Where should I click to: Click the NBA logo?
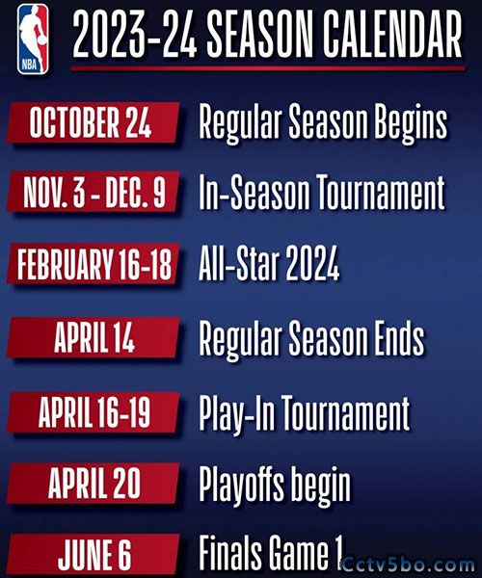click(33, 39)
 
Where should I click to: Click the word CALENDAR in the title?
click(393, 34)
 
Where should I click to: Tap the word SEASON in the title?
click(260, 34)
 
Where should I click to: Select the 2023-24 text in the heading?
click(134, 34)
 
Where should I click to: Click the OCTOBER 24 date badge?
click(94, 122)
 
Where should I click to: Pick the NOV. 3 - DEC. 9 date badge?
click(94, 192)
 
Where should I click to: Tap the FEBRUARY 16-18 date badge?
click(94, 264)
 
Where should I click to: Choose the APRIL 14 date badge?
click(94, 337)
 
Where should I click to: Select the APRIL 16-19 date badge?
click(94, 411)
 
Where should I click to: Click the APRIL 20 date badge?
click(94, 483)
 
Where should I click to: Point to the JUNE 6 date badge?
click(94, 555)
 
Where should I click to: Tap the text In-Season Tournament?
click(322, 192)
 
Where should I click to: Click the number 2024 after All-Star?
click(312, 263)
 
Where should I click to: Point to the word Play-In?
click(236, 413)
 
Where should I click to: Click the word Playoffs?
click(242, 483)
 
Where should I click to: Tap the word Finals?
click(230, 552)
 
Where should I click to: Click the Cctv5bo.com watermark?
click(408, 565)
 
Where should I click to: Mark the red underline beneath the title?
click(268, 68)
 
